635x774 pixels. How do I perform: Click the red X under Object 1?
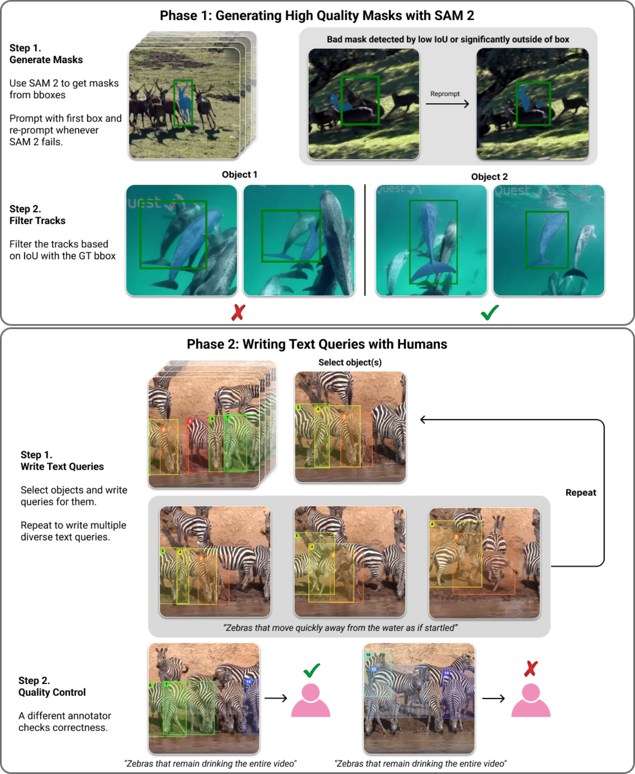pyautogui.click(x=238, y=312)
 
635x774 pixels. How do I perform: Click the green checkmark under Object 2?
pyautogui.click(x=490, y=312)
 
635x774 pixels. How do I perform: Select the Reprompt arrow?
pyautogui.click(x=447, y=104)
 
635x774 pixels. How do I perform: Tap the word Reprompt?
pyautogui.click(x=445, y=94)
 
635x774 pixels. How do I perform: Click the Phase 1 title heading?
pyautogui.click(x=317, y=16)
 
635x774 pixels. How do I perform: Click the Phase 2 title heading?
pyautogui.click(x=317, y=344)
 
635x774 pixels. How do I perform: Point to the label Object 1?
pyautogui.click(x=240, y=175)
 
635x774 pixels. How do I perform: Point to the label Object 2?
pyautogui.click(x=490, y=177)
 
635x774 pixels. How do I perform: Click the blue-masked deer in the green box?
pyautogui.click(x=183, y=104)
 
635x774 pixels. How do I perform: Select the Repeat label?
pyautogui.click(x=581, y=492)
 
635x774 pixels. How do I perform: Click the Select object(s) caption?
pyautogui.click(x=350, y=362)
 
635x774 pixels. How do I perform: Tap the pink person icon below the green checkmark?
pyautogui.click(x=311, y=700)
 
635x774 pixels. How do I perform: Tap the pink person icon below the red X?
pyautogui.click(x=531, y=700)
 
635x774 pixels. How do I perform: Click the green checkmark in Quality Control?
pyautogui.click(x=312, y=670)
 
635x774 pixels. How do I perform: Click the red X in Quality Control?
pyautogui.click(x=531, y=669)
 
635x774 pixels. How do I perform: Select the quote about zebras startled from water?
pyautogui.click(x=340, y=628)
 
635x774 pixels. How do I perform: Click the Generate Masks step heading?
pyautogui.click(x=46, y=54)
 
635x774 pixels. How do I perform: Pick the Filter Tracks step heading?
pyautogui.click(x=38, y=215)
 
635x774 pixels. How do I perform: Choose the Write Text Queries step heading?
pyautogui.click(x=62, y=461)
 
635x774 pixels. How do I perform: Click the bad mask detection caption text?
pyautogui.click(x=448, y=39)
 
